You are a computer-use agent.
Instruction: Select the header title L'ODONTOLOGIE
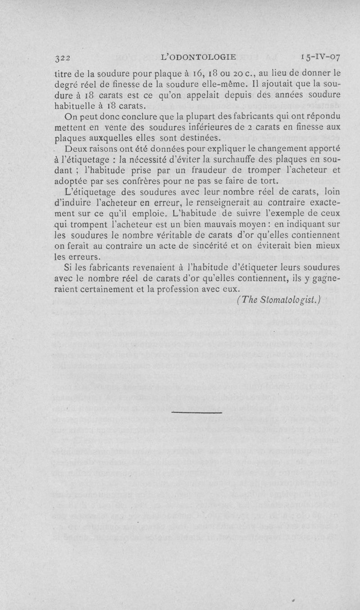point(198,57)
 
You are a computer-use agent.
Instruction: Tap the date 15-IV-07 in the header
point(321,58)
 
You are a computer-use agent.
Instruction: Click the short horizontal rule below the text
point(197,412)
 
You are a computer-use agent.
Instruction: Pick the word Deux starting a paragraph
point(76,148)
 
